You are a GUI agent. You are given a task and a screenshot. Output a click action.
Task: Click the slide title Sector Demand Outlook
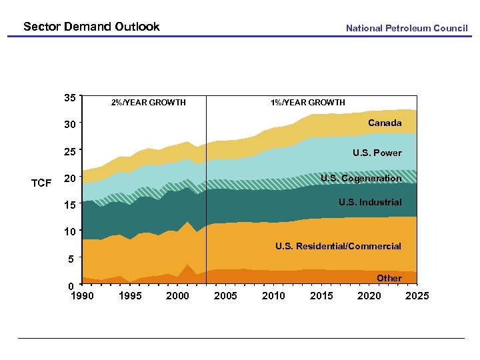91,27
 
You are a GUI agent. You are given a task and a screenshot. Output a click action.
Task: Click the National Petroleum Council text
407,28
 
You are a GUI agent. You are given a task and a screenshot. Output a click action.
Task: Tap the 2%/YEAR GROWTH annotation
148,103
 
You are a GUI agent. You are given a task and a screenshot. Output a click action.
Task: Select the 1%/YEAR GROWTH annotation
307,103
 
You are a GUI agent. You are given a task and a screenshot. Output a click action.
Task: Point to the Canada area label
385,123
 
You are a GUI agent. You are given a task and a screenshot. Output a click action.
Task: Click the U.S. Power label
377,153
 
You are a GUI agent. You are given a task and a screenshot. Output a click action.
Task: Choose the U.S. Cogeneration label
361,178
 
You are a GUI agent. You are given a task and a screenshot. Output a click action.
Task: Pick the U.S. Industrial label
370,202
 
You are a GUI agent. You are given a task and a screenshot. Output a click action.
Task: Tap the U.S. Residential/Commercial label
338,246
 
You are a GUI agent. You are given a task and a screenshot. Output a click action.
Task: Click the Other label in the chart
389,278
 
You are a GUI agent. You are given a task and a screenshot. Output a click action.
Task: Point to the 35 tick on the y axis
69,97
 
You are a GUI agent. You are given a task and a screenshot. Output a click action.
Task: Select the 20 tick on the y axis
69,178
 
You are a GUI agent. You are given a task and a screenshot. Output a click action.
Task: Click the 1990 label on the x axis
82,296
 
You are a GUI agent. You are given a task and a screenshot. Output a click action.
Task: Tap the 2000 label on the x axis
177,296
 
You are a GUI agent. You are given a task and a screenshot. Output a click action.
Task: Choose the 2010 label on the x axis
273,296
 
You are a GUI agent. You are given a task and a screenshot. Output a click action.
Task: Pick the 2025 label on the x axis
417,296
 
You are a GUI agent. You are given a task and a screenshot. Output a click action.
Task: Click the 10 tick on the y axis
69,231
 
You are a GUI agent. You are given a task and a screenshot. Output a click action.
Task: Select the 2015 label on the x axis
321,296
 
